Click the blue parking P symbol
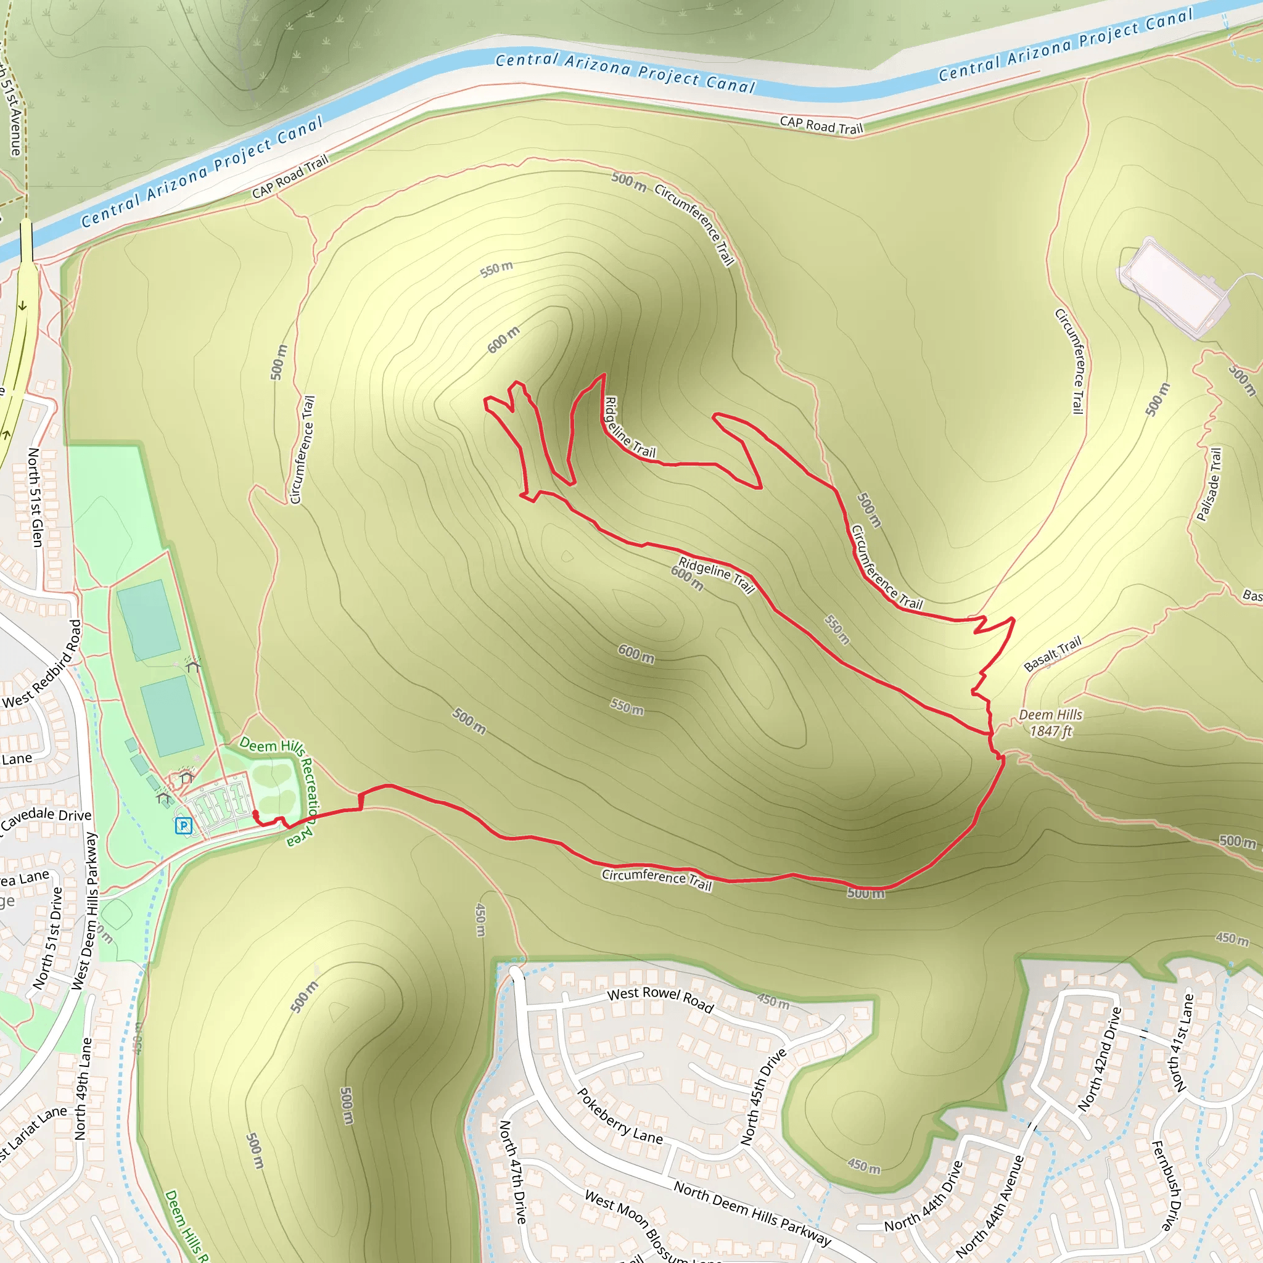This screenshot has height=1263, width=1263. coord(184,826)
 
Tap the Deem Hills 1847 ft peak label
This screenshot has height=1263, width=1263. coord(1050,723)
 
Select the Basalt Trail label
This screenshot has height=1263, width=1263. coord(1053,654)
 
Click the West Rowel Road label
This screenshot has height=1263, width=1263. coord(660,999)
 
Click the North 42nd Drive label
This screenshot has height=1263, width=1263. coord(1100,1059)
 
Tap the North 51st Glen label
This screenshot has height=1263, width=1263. coord(35,497)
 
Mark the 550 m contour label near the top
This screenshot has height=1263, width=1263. coord(497,269)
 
